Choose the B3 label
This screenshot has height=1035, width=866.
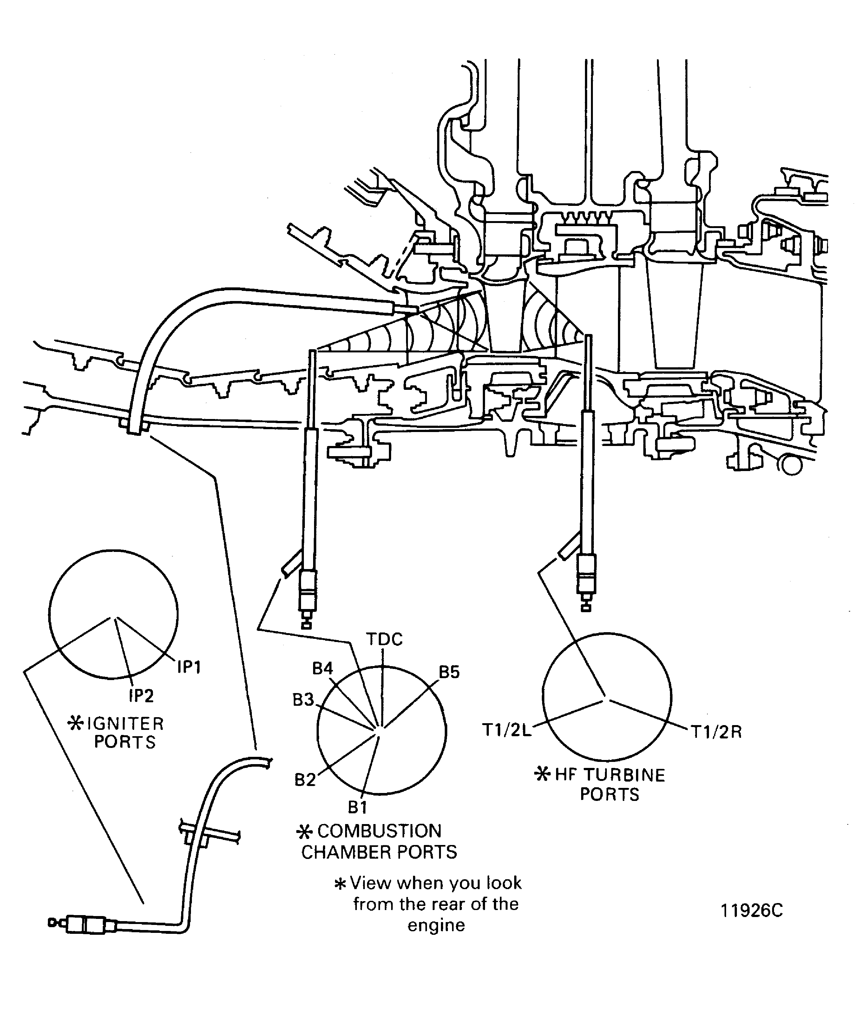303,700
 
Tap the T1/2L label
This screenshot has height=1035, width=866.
507,730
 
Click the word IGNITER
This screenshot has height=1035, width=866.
125,724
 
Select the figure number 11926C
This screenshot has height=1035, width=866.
752,911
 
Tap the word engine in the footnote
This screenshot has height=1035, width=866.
436,925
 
